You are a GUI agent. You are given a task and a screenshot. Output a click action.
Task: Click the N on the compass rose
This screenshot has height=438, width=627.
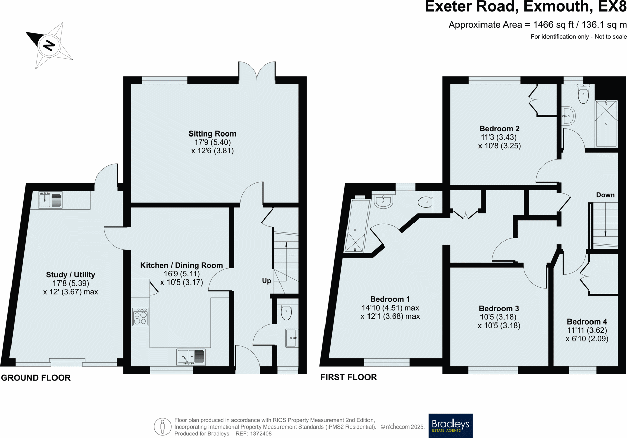49,45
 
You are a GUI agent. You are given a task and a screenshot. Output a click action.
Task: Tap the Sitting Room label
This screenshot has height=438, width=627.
212,133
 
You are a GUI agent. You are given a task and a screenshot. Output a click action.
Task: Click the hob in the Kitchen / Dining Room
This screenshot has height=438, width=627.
140,317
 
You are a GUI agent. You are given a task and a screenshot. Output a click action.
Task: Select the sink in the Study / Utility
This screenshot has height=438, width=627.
50,200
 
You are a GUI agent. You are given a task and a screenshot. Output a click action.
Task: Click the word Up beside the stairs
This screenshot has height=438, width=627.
266,280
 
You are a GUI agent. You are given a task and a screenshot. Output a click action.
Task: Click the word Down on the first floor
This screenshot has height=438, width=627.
605,195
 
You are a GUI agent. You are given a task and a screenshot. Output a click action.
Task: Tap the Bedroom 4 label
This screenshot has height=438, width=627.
587,321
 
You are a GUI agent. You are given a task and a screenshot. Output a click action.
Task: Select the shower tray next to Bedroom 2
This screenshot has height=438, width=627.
606,123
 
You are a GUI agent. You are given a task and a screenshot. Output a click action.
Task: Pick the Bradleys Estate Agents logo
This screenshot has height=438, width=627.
450,425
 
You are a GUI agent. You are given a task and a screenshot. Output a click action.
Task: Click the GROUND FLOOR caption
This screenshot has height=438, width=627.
36,378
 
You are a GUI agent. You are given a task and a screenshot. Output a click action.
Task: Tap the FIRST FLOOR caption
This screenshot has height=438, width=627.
349,377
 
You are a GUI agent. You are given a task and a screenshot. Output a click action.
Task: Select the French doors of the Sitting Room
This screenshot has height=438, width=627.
257,72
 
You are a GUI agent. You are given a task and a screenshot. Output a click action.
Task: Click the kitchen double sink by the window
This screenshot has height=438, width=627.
191,357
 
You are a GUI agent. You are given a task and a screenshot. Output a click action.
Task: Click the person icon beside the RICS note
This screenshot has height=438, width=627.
162,426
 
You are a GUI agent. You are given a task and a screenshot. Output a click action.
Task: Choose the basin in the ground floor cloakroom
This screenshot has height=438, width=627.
292,338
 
